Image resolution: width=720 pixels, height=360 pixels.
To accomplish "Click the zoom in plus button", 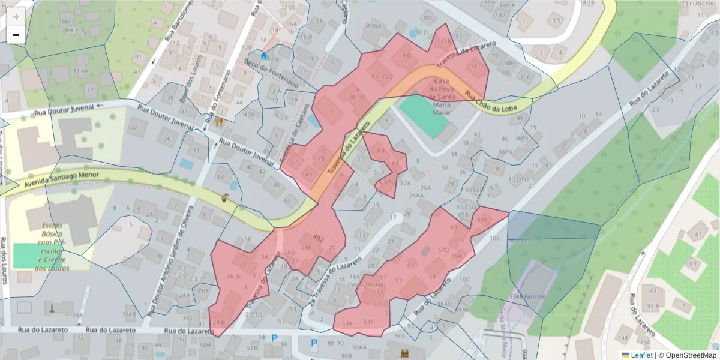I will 16,17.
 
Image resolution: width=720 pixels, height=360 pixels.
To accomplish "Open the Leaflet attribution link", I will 640,355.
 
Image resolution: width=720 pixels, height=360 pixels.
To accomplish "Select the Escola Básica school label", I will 52,247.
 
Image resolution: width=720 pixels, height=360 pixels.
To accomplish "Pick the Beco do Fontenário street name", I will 271,73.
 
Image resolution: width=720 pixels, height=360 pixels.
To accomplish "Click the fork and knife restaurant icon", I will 219,122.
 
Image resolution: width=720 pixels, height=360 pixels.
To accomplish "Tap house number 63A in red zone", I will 482,220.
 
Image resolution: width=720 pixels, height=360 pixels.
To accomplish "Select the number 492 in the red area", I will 319,239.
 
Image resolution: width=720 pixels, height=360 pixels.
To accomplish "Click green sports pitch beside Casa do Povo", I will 424,116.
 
